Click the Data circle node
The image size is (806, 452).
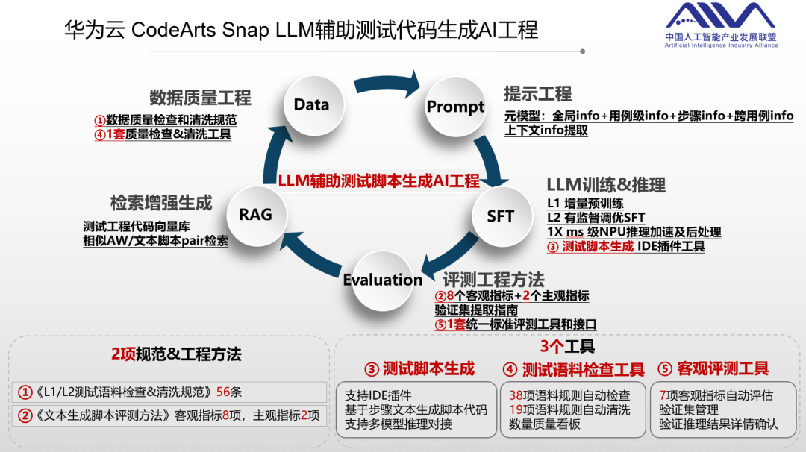312,105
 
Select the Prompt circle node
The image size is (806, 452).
455,107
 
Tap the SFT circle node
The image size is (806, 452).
500,216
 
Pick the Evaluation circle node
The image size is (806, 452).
383,280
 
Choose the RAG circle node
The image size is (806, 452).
255,215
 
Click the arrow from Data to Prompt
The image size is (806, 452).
384,80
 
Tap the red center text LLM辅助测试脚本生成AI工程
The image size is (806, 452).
378,181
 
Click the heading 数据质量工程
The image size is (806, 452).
200,98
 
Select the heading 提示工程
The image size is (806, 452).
537,94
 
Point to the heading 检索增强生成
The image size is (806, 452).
161,203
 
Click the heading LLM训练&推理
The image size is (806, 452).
605,185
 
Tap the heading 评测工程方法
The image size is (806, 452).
493,280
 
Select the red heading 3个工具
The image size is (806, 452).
566,346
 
